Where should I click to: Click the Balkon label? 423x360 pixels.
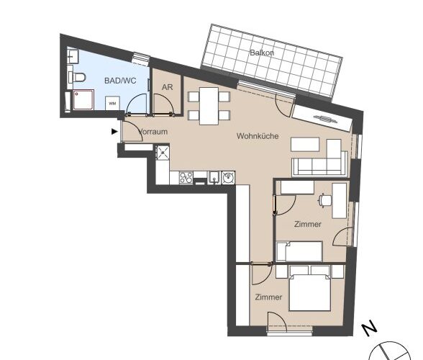tap(262, 53)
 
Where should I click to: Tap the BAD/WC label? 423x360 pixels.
tap(120, 81)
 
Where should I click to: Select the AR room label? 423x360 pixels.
tap(167, 87)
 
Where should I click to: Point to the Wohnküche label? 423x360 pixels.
tap(258, 136)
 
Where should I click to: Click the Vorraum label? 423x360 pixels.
tap(153, 132)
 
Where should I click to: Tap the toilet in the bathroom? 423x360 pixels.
tap(77, 78)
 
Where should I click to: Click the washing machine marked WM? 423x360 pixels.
tap(112, 103)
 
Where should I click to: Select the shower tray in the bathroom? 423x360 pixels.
tap(83, 99)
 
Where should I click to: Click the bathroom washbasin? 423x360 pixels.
tap(73, 55)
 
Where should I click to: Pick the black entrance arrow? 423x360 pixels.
tap(115, 132)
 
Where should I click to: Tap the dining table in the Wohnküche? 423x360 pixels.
tap(209, 106)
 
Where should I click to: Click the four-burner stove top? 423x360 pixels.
tap(186, 178)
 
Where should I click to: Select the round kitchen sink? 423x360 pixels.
tap(228, 178)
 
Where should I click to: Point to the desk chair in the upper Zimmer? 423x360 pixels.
tap(325, 200)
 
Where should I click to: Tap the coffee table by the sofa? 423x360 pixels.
tap(305, 145)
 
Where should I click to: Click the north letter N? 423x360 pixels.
tap(369, 328)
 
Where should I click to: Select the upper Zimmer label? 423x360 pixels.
tap(308, 224)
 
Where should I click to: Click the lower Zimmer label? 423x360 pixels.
tap(268, 297)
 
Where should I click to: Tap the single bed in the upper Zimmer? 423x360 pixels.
tap(299, 251)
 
